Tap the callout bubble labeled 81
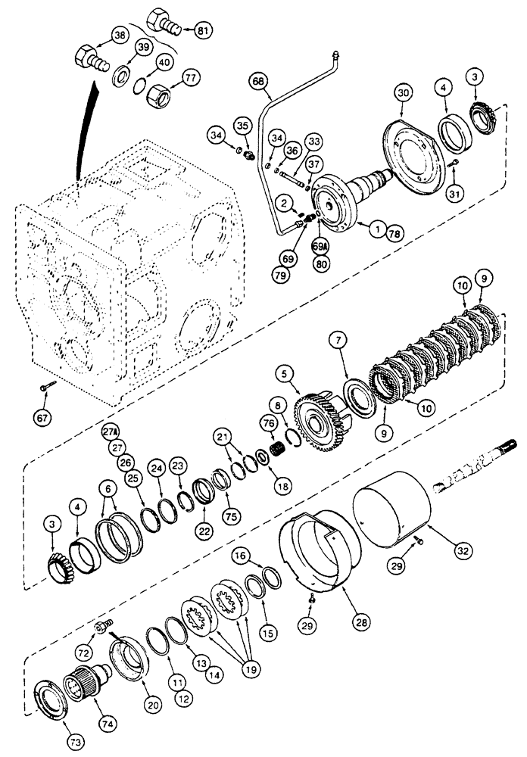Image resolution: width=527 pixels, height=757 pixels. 201,32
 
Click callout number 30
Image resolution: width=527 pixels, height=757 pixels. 407,95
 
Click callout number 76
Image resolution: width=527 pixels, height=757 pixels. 269,423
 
